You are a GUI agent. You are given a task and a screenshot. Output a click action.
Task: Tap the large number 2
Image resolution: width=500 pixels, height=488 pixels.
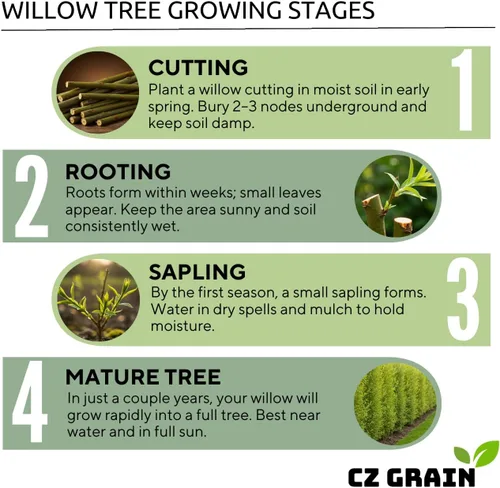coord(31,196)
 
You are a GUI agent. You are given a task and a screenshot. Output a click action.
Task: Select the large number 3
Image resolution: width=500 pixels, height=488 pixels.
coord(464,299)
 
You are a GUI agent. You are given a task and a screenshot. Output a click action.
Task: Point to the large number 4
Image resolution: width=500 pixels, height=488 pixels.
coord(29,401)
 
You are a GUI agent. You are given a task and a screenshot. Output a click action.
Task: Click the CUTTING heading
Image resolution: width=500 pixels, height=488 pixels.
coord(198,67)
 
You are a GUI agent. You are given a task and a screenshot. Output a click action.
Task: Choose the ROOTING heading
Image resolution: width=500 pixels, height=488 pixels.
coord(118,171)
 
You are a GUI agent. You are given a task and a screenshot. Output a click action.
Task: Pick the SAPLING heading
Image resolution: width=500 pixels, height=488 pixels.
coord(197,272)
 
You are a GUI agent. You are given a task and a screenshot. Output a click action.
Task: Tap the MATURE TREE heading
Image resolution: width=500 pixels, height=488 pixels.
coord(143,377)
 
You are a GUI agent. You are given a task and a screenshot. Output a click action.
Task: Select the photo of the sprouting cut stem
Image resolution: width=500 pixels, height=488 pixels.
coord(396,196)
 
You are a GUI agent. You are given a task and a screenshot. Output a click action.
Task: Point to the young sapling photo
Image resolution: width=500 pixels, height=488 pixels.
coord(99,300)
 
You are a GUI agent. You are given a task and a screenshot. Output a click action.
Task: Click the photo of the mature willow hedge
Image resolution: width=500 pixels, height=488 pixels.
coord(395,404)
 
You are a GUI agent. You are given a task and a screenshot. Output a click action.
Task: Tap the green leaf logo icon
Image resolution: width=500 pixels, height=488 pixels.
coord(476,453)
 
